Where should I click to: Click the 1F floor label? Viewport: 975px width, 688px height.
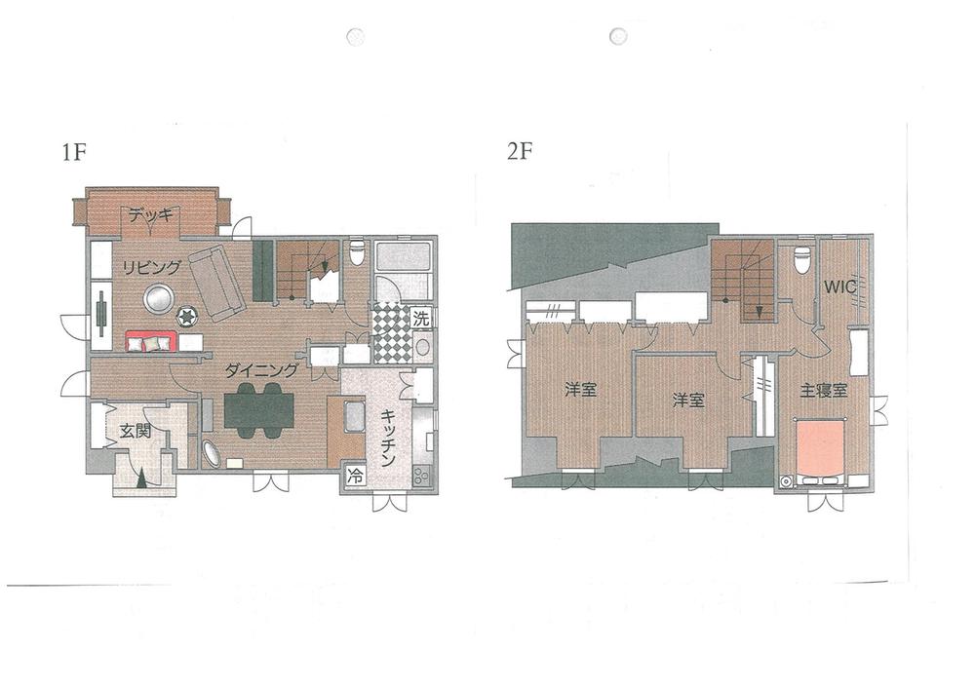click(73, 152)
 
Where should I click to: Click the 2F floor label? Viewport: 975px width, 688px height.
click(521, 152)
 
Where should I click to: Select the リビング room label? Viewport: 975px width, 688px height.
click(151, 267)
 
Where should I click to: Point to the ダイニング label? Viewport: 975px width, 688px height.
click(260, 370)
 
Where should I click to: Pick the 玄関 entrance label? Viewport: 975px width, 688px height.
click(134, 430)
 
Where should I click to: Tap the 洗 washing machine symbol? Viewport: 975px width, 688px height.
click(419, 318)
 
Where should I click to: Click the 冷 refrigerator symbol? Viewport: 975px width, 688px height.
click(355, 478)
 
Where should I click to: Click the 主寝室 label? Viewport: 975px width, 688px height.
click(823, 390)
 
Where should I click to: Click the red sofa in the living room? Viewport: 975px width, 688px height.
click(151, 341)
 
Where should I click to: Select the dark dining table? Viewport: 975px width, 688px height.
click(258, 409)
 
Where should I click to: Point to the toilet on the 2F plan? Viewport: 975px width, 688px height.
click(801, 260)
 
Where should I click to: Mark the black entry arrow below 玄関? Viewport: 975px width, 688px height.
click(142, 478)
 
